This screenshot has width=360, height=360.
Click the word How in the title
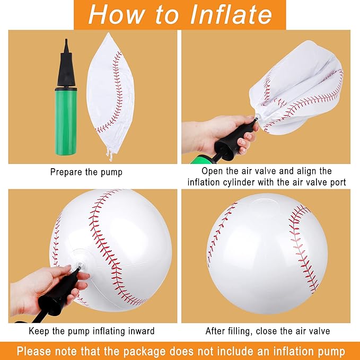click(x=116, y=14)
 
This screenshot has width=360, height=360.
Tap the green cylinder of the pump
click(x=66, y=122)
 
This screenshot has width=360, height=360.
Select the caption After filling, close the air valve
click(x=267, y=331)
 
